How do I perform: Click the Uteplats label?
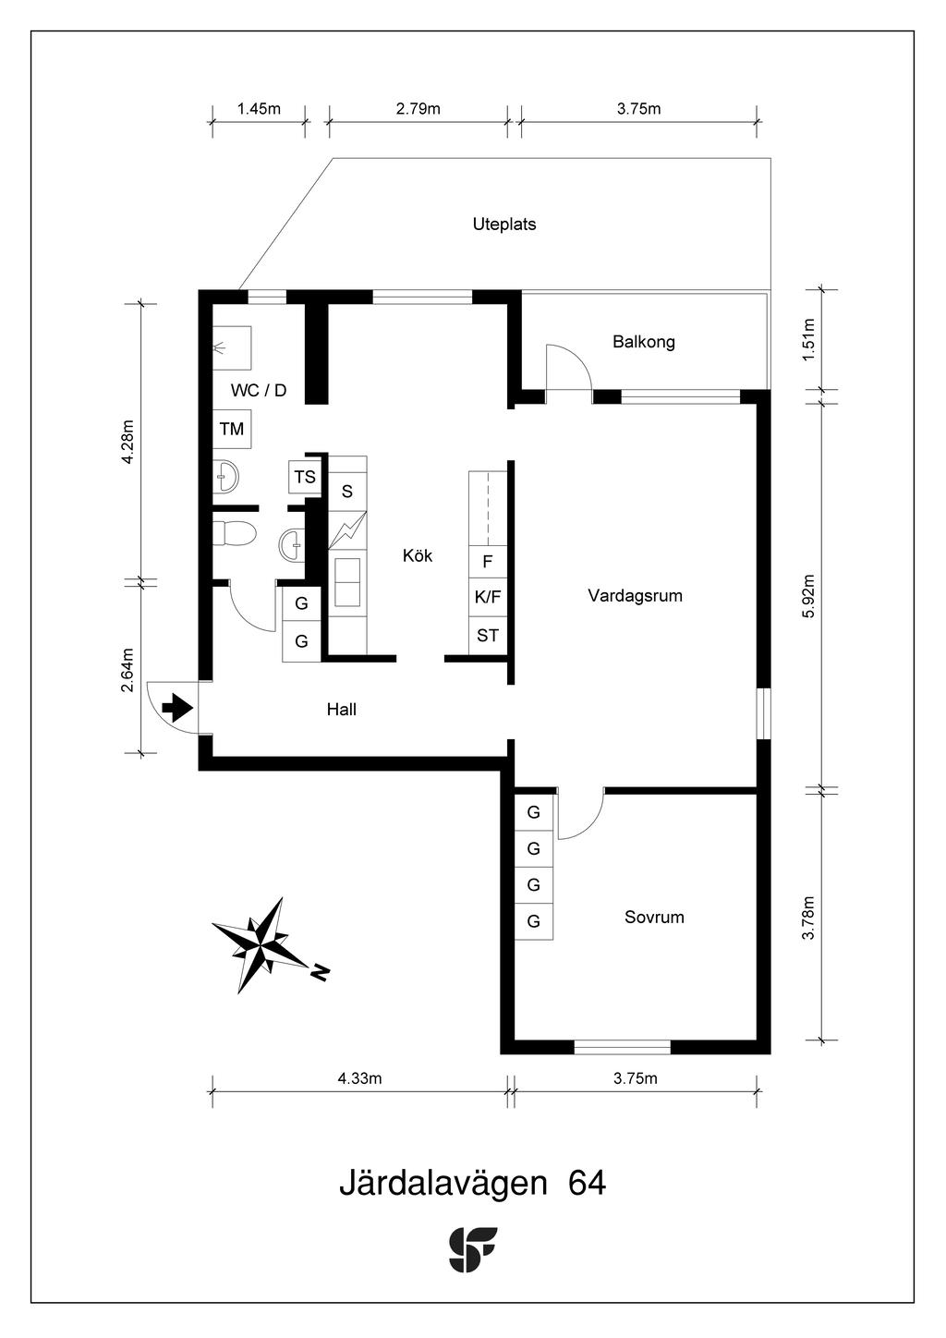[504, 225]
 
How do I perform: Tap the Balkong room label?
[644, 342]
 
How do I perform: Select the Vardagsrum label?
[635, 595]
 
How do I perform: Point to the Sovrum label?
[654, 917]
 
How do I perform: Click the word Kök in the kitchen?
[418, 555]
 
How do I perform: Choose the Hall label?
[342, 710]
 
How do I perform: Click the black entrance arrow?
[178, 708]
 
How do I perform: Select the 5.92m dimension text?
[808, 596]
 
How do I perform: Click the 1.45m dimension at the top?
[259, 109]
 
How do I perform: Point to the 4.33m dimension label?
[359, 1078]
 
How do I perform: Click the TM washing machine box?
[232, 429]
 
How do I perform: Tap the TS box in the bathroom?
[305, 477]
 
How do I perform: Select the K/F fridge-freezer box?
[488, 597]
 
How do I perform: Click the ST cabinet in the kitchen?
[488, 636]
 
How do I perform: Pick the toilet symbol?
[234, 533]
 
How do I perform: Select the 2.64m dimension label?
[127, 670]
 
